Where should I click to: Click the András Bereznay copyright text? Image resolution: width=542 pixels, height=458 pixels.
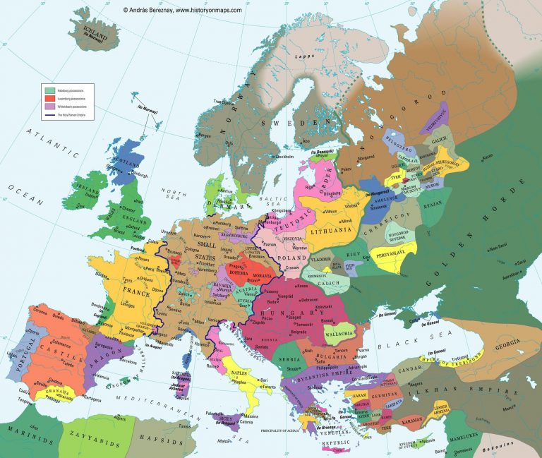pyautogui.click(x=182, y=10)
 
